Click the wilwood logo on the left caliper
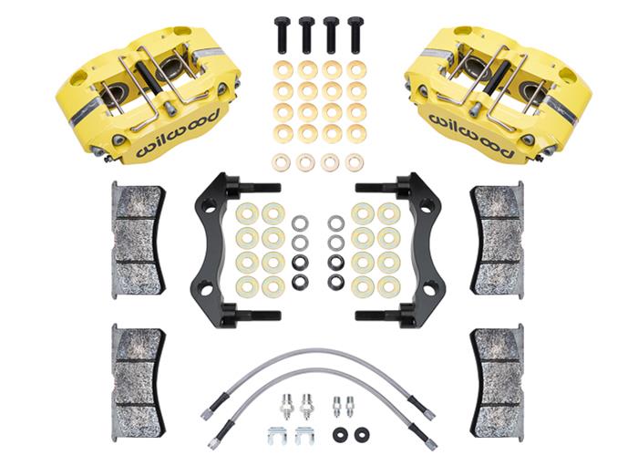[179, 133]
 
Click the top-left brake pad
[138, 238]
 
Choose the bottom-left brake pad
[138, 376]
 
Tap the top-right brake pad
[498, 238]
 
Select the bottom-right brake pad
[498, 376]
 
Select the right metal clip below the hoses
[304, 434]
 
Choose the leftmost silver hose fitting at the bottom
[285, 403]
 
